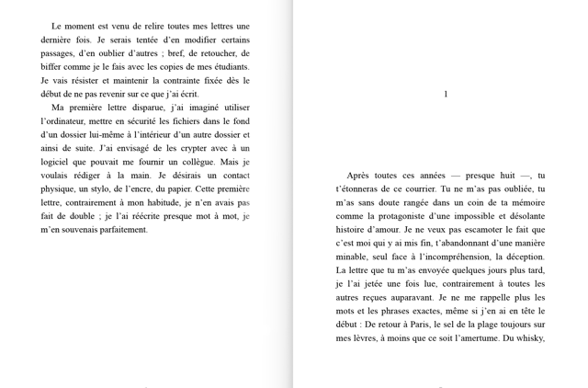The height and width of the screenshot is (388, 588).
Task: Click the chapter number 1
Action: [446, 95]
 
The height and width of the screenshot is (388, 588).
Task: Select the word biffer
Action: [54, 66]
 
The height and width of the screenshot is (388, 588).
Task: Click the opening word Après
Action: [361, 176]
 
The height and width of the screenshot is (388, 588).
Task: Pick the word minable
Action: [354, 257]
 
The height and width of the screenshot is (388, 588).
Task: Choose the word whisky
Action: [529, 337]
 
